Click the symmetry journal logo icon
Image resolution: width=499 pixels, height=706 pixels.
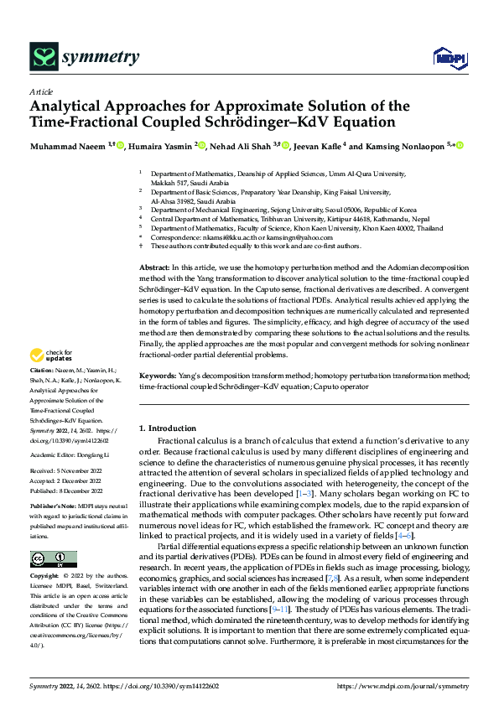coord(44,56)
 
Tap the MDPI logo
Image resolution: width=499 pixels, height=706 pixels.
coord(447,58)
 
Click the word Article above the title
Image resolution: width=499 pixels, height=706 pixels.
coord(41,91)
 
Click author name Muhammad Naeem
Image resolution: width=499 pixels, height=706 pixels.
coord(66,147)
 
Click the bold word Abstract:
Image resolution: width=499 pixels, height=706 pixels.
coord(155,266)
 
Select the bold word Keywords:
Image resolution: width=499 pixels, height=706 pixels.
coord(159,377)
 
